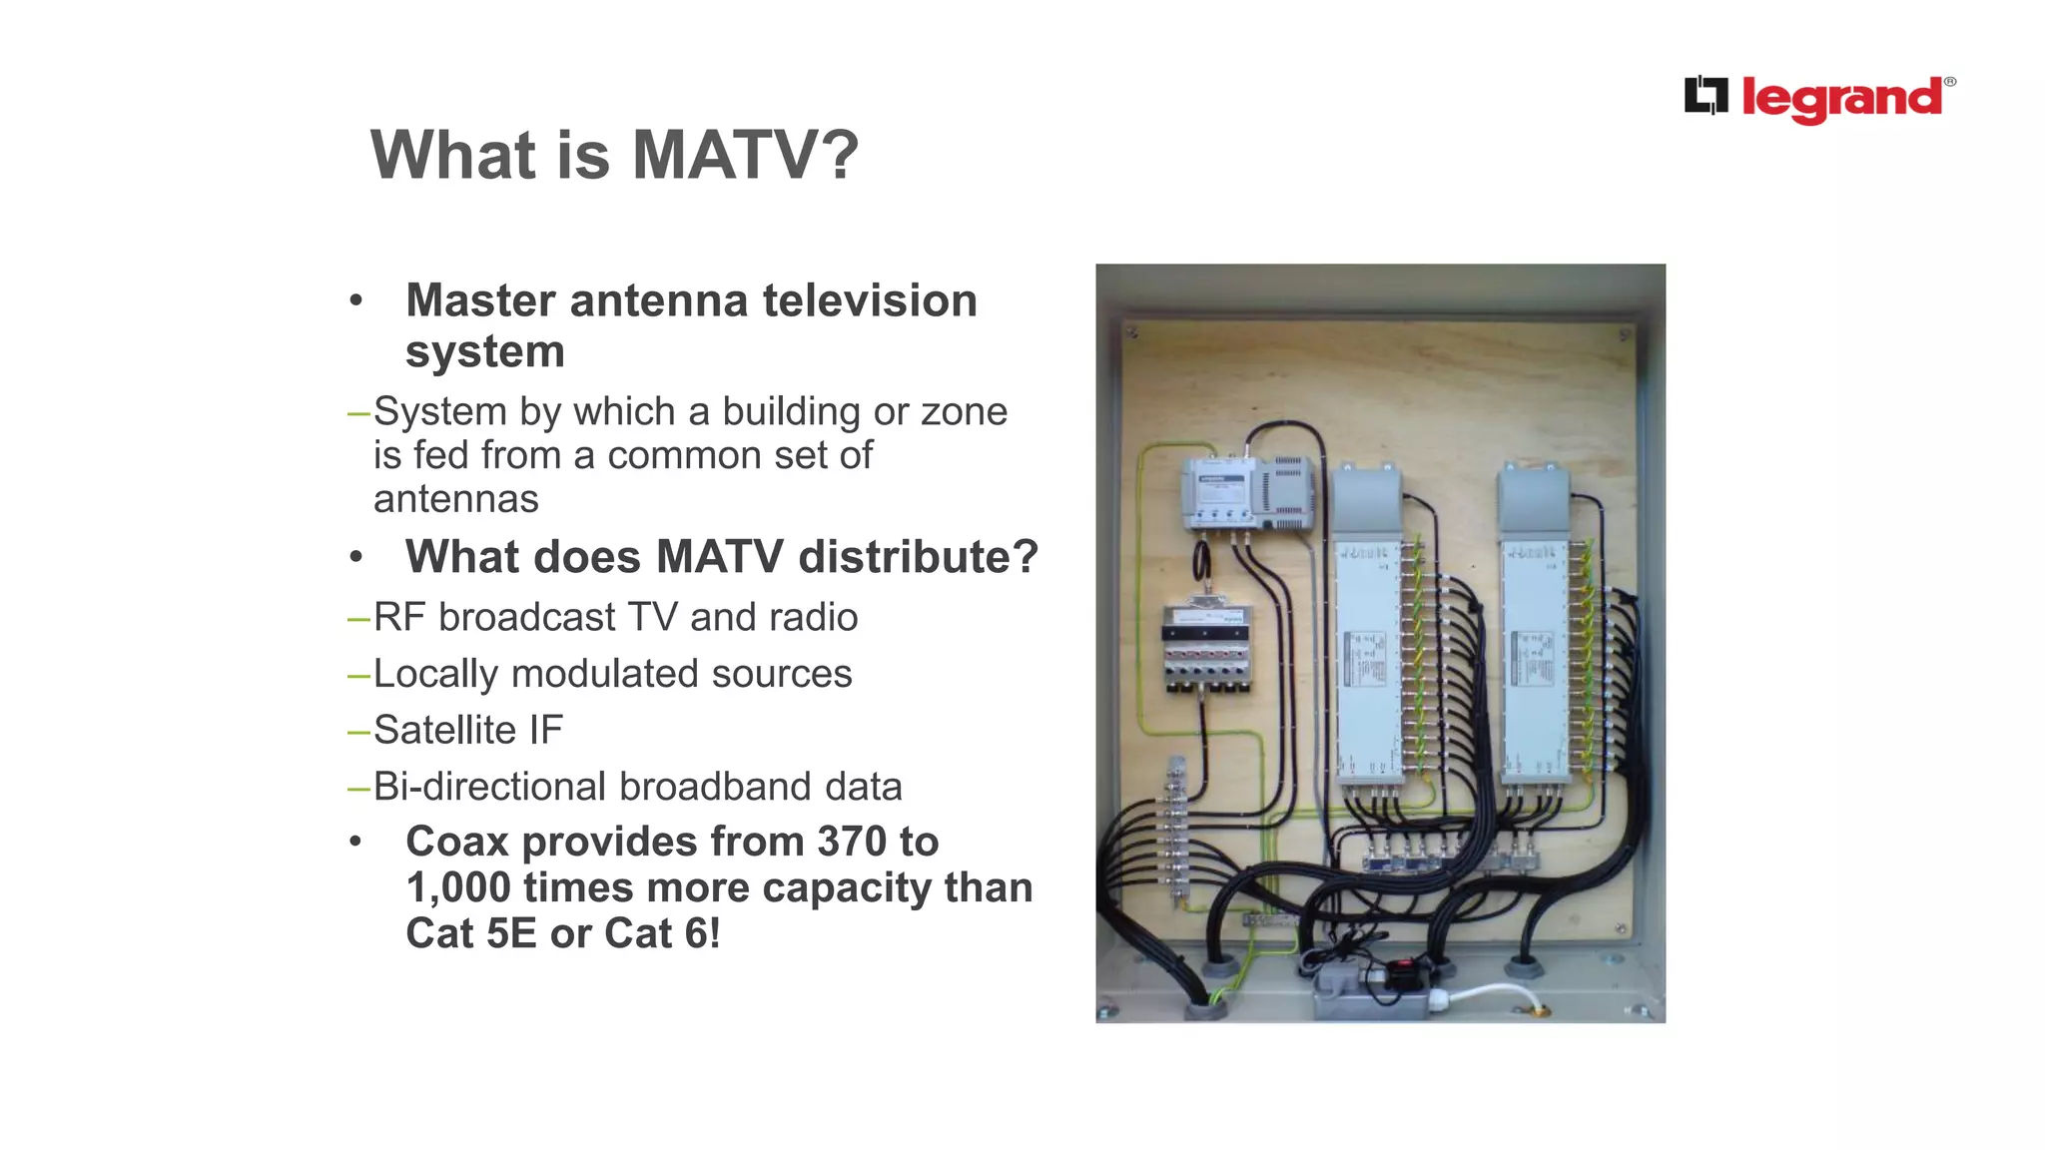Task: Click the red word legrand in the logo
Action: (x=1842, y=99)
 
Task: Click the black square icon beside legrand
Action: (x=1705, y=96)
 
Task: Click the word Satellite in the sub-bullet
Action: (x=444, y=730)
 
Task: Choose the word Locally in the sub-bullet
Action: (x=435, y=674)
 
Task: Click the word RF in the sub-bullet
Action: (x=399, y=618)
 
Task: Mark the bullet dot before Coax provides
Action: (x=355, y=842)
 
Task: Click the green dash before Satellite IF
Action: (x=358, y=731)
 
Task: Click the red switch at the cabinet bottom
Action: (x=1403, y=966)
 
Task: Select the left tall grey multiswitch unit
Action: (x=1369, y=639)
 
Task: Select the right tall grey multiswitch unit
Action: (x=1534, y=639)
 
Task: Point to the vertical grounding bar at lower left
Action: (x=1176, y=834)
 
